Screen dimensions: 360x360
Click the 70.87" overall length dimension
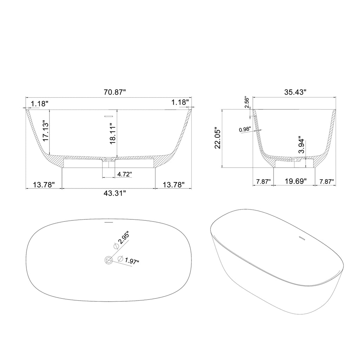point(115,92)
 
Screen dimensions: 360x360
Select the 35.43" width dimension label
point(295,92)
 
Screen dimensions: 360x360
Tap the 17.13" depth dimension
point(46,131)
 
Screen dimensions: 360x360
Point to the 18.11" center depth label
point(113,134)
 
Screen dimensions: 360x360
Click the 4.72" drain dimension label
point(124,174)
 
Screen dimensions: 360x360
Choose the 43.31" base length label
point(115,193)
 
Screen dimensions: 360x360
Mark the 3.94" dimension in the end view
point(301,146)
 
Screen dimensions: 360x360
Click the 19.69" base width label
point(296,181)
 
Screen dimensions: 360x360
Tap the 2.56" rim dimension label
point(247,102)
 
